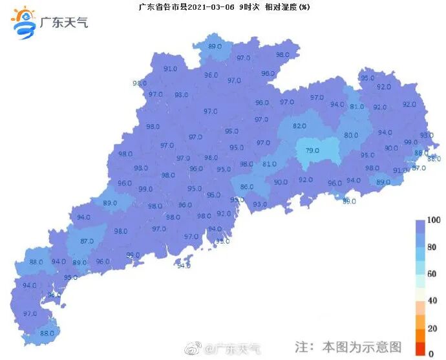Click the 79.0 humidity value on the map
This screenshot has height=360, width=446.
tap(312, 151)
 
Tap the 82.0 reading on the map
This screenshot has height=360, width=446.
tap(299, 126)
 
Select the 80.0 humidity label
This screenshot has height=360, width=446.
tap(351, 135)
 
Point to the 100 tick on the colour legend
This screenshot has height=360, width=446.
tap(434, 221)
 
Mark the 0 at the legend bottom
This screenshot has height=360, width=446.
tap(431, 354)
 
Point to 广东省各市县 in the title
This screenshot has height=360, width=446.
tap(161, 7)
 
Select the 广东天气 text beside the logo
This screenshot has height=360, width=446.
tap(64, 23)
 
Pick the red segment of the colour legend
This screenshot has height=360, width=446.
tap(420, 350)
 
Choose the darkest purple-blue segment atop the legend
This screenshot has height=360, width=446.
tap(420, 226)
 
